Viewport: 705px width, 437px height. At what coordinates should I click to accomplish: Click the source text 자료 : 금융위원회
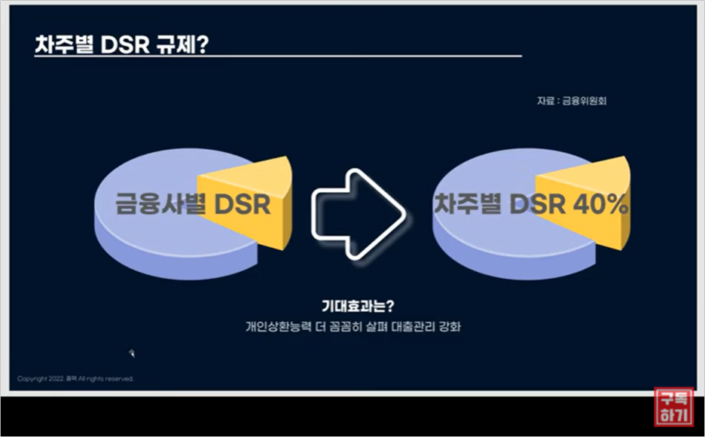point(571,101)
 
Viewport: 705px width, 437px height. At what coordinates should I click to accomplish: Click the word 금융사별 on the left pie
point(160,204)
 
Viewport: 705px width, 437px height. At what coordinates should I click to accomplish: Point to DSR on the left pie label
point(239,204)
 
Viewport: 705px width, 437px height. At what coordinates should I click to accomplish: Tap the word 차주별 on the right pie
point(467,203)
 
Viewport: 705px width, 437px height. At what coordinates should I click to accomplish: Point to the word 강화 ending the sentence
point(449,327)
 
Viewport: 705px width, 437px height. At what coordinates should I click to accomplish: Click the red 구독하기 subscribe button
point(673,407)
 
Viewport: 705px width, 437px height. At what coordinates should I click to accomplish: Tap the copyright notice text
point(75,378)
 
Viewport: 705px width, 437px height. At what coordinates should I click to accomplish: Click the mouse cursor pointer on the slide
point(132,352)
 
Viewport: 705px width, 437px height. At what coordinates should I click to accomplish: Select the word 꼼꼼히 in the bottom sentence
point(337,327)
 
